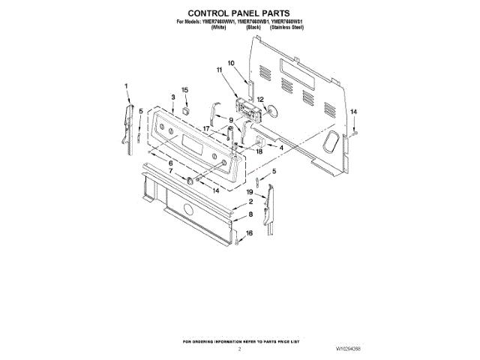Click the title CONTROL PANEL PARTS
click(x=239, y=13)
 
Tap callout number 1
click(x=127, y=85)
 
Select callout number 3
click(x=172, y=97)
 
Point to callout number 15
click(x=185, y=91)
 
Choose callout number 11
click(x=220, y=70)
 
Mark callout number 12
click(x=260, y=99)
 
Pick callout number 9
click(x=232, y=120)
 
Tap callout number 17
click(x=206, y=128)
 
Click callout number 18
click(x=259, y=151)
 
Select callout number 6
click(x=170, y=163)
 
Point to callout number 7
click(x=170, y=172)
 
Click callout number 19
click(x=250, y=193)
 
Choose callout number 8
click(x=250, y=214)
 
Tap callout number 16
click(x=250, y=233)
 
